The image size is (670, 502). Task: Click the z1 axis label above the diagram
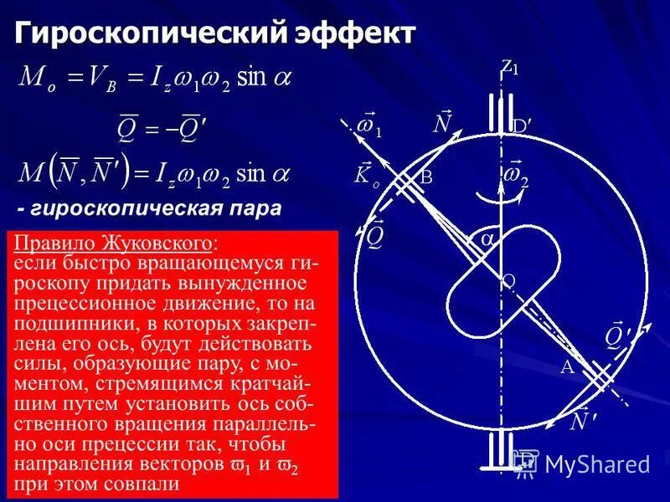[509, 68]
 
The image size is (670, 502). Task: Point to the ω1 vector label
[368, 127]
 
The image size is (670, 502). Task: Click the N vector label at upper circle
[441, 123]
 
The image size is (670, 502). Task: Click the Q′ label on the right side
[619, 335]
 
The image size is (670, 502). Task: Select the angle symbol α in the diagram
[487, 239]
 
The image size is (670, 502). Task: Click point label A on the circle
[567, 367]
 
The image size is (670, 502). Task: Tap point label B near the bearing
[426, 177]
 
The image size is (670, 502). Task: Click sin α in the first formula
[263, 79]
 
